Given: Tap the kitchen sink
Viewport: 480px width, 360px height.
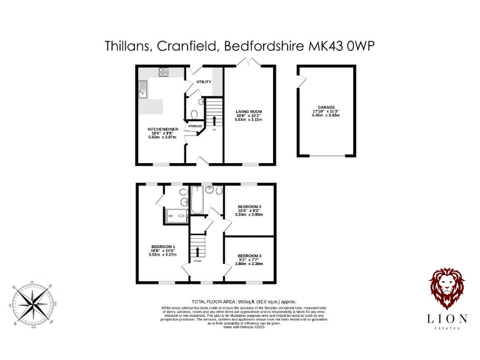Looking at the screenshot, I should pyautogui.click(x=143, y=91).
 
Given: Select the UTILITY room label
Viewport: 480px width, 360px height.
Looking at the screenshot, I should pyautogui.click(x=203, y=82).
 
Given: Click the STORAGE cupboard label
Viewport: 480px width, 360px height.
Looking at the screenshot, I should pyautogui.click(x=195, y=126).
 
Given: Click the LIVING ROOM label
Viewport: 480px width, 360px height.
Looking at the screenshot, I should pyautogui.click(x=249, y=112).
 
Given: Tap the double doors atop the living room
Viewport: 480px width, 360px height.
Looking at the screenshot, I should pyautogui.click(x=249, y=62).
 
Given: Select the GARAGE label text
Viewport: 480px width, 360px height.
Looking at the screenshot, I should pyautogui.click(x=326, y=107).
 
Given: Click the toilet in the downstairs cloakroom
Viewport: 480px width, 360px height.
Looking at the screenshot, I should pyautogui.click(x=194, y=114).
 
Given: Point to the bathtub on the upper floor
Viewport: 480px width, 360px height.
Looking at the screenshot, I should pyautogui.click(x=194, y=200).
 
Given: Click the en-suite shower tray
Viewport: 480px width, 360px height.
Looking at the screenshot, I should pyautogui.click(x=177, y=216).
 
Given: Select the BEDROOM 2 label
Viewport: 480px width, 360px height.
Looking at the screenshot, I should pyautogui.click(x=249, y=206).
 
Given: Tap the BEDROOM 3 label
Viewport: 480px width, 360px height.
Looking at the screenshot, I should pyautogui.click(x=249, y=256).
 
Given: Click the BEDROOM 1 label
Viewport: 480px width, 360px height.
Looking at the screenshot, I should pyautogui.click(x=162, y=247).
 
